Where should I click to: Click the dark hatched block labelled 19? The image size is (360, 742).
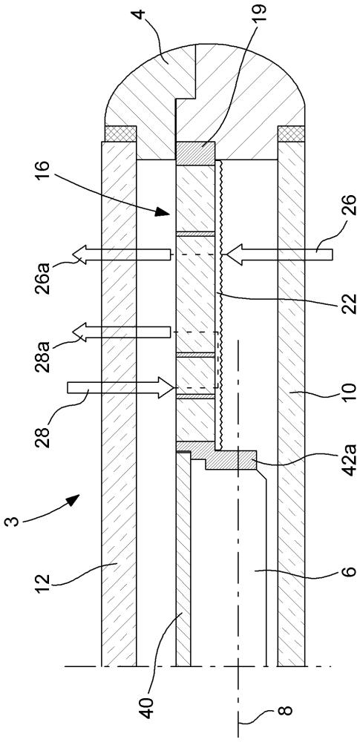tap(194, 154)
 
